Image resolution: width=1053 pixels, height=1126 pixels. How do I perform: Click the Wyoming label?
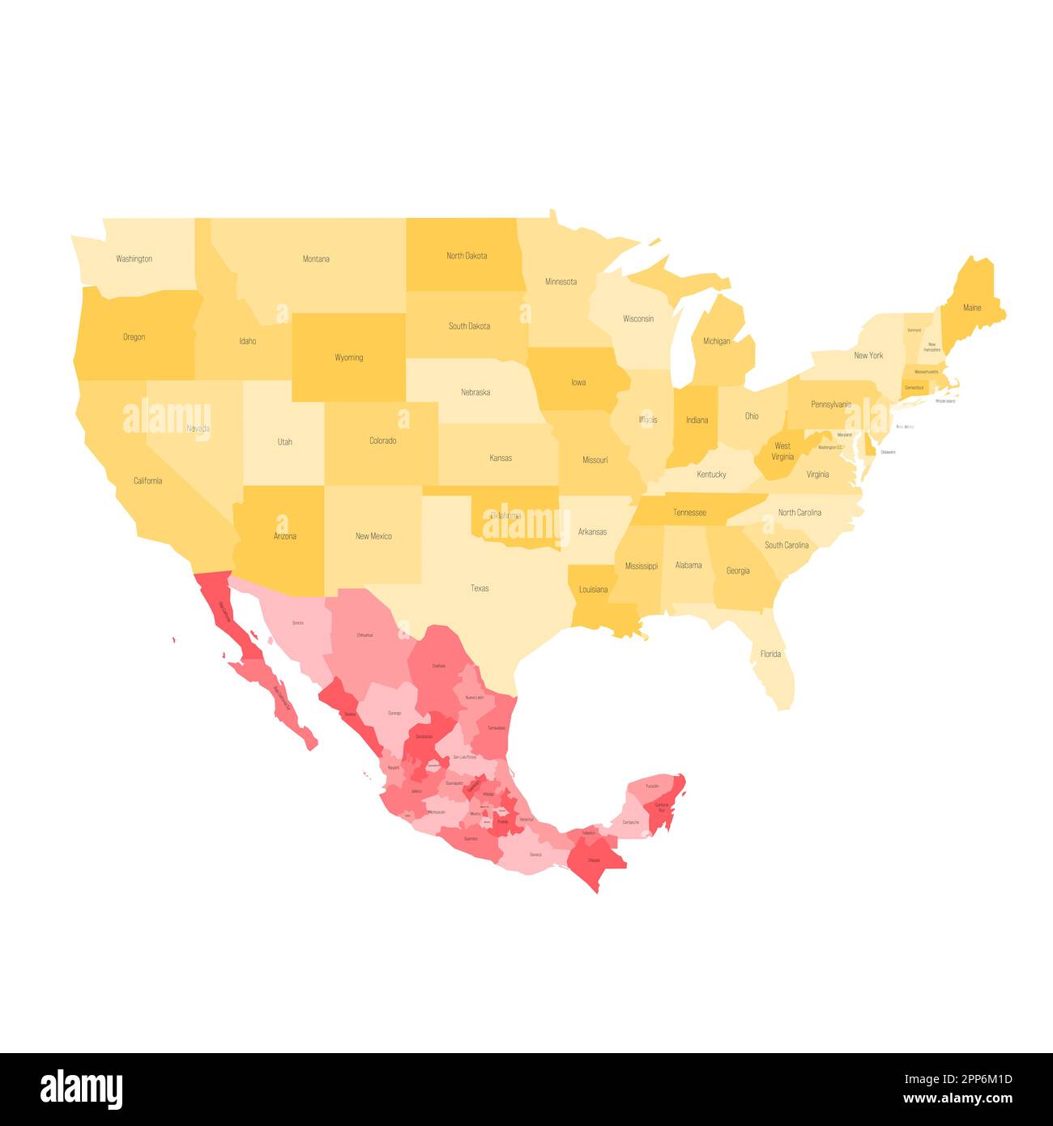[x=348, y=357]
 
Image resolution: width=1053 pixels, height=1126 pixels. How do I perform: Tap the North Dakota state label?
[x=467, y=256]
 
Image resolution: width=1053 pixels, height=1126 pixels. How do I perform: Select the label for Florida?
[x=770, y=654]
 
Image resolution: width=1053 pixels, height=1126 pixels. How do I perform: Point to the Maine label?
[x=972, y=308]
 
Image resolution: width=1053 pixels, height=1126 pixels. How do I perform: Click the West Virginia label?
[x=782, y=451]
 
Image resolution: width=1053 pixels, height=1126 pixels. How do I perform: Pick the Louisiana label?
[x=593, y=590]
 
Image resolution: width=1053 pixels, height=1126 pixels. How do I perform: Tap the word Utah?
[x=285, y=442]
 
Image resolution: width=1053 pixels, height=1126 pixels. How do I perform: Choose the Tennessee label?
[x=689, y=513]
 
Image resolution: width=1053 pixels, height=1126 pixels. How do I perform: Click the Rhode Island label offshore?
[x=945, y=401]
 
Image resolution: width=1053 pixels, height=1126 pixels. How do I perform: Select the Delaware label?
[x=888, y=452]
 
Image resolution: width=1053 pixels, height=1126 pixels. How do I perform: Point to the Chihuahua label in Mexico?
[x=364, y=635]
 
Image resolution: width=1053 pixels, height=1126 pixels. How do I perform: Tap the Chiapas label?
[x=595, y=860]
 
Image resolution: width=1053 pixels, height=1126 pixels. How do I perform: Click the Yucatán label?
[x=652, y=787]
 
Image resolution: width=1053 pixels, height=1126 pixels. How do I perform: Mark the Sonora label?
[x=298, y=623]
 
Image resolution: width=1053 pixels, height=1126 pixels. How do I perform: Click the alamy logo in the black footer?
[x=82, y=1089]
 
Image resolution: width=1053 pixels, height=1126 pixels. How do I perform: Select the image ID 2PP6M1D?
[x=968, y=1079]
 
